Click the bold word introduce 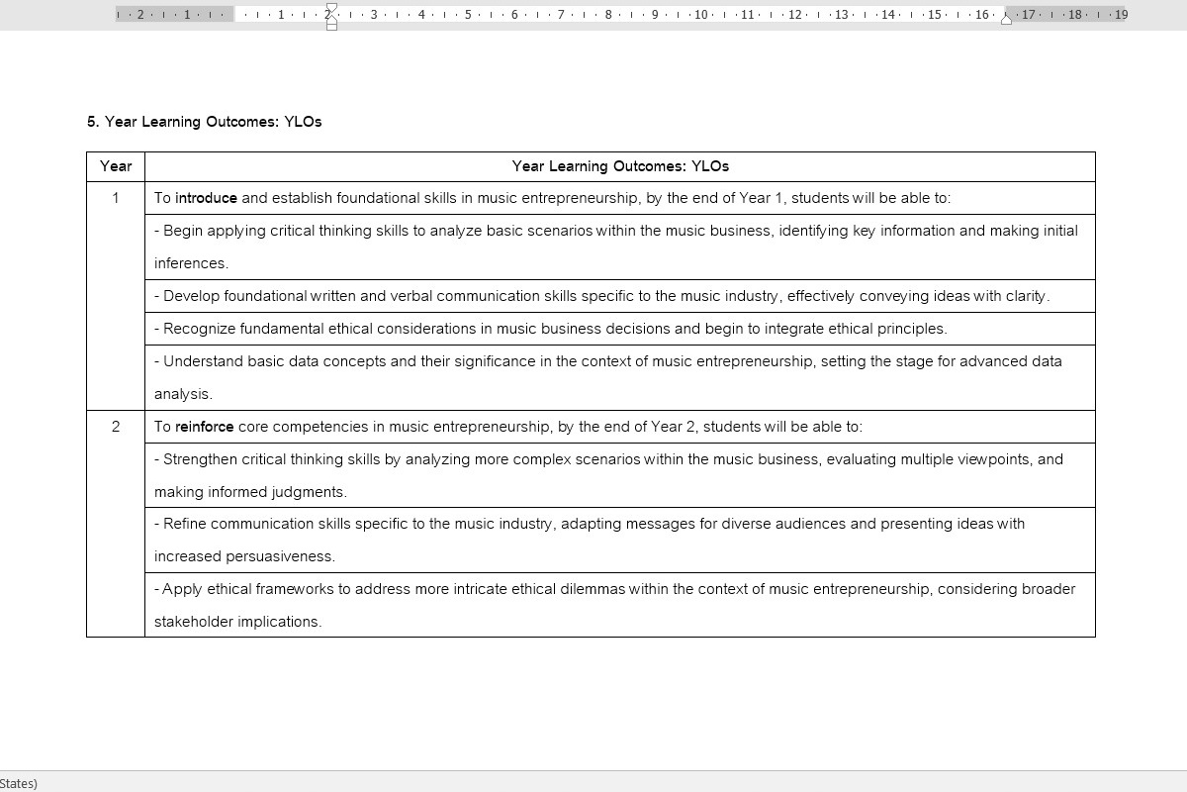(206, 198)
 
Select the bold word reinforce (204, 427)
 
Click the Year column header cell (116, 166)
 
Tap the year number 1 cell (116, 198)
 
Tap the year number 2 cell (116, 427)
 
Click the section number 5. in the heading (93, 122)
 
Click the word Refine (185, 524)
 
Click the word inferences (190, 263)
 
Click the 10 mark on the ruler (701, 15)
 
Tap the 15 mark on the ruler (935, 15)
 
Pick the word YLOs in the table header (710, 166)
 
